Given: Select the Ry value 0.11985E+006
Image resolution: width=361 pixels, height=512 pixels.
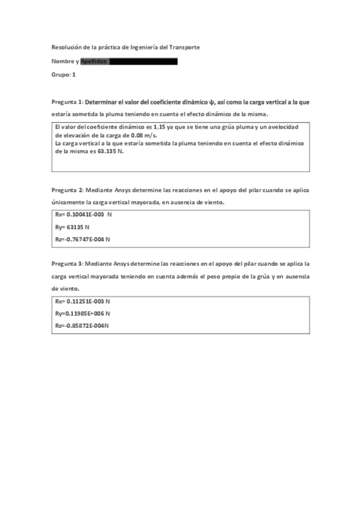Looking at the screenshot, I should tap(84, 313).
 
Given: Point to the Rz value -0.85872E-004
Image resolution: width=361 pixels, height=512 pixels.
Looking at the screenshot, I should tap(83, 326).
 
